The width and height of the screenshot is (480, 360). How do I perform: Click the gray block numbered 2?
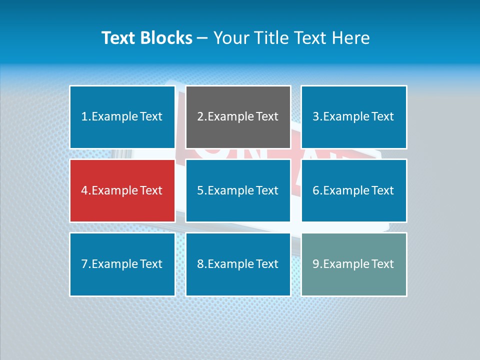pos(238,117)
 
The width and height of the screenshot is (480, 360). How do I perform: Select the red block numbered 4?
pos(122,190)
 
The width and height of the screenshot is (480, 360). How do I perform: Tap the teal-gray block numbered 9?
pos(353,264)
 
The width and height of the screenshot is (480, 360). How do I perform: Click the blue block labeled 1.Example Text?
pos(122,117)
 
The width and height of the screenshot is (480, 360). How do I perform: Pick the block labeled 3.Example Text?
pos(353,117)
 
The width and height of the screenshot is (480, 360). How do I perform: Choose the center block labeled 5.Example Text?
pos(238,190)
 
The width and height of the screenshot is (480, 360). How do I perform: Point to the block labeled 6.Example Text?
pos(353,190)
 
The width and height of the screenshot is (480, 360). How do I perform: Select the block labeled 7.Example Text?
pos(122,264)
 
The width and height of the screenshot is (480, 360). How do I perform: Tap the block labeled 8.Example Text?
pos(238,264)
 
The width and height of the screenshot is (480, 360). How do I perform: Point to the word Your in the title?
pos(230,38)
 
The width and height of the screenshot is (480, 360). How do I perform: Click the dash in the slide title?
pos(202,38)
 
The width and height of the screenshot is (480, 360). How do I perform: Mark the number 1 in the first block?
pos(84,117)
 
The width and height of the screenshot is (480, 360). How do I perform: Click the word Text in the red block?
pos(151,190)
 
